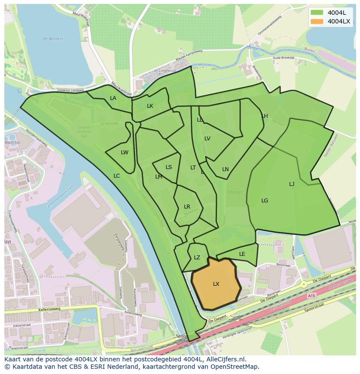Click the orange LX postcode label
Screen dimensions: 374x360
coord(216,284)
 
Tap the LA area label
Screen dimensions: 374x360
coord(113,98)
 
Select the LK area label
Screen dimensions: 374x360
coord(150,106)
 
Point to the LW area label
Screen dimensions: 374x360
coord(125,152)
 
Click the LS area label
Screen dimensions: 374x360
coord(169,167)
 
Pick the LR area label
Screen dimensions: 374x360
coord(187,207)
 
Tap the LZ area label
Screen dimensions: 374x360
coord(197,258)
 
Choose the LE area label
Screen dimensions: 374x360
coord(242,254)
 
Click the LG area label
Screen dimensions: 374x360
coord(265,201)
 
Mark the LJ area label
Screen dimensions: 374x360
coord(292,184)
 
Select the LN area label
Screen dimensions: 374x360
coord(225,169)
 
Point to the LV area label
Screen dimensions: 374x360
coord(207,139)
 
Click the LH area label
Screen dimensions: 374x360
coord(265,116)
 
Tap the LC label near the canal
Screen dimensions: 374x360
coord(117,176)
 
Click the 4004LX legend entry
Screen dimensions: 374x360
coord(339,21)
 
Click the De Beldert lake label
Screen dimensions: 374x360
coord(53,39)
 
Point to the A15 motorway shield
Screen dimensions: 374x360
coord(311,295)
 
